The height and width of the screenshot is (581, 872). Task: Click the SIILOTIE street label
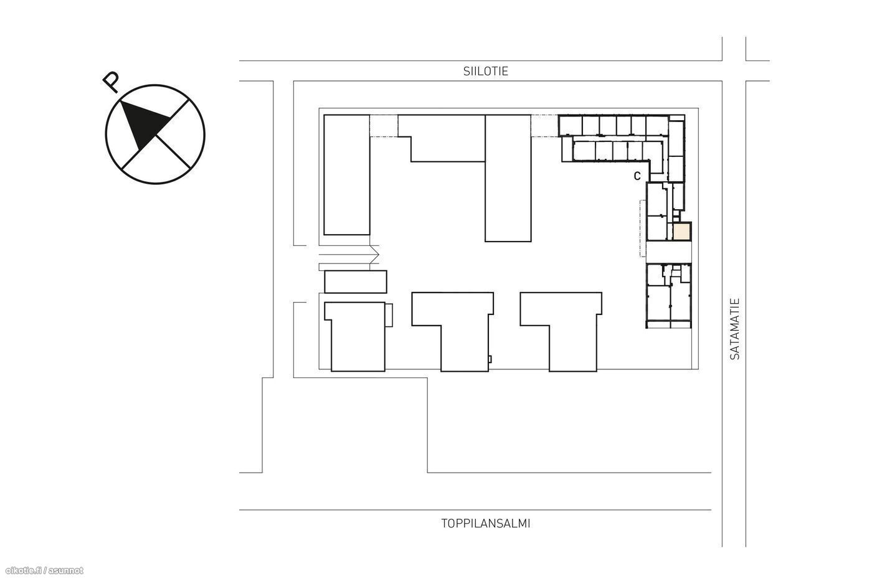tap(485, 71)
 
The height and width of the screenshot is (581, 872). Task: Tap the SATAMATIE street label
tap(734, 329)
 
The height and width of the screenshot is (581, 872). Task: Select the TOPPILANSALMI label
tap(485, 524)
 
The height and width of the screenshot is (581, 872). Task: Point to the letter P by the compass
tap(111, 82)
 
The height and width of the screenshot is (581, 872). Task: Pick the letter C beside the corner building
tap(637, 176)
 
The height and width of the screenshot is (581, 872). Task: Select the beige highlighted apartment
tap(682, 232)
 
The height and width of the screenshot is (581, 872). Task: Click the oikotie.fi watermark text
tap(45, 570)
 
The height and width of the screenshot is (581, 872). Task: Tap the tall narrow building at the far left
tap(346, 175)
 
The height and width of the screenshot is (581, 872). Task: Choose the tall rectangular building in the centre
tap(508, 178)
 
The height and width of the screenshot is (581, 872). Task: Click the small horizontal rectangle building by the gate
tap(356, 281)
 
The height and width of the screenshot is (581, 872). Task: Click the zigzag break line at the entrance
tap(374, 255)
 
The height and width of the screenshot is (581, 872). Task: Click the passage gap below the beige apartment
tap(669, 252)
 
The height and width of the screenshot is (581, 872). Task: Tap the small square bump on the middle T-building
tap(490, 359)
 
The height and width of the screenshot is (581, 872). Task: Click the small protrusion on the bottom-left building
tap(389, 315)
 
